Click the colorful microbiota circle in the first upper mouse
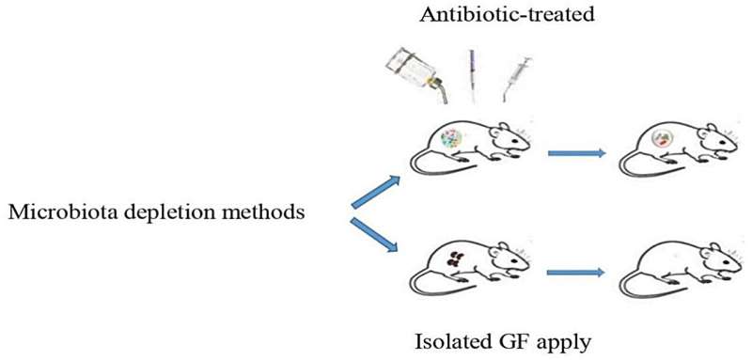coord(456,140)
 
